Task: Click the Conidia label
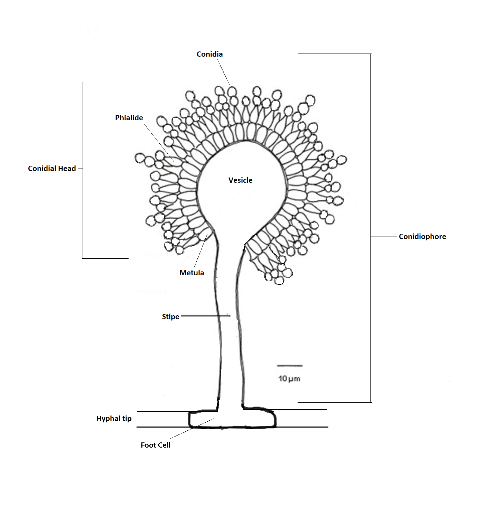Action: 209,54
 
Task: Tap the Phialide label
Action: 129,118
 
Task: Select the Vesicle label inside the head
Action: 240,180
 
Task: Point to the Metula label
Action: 191,273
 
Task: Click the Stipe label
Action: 170,317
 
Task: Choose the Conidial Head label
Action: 52,169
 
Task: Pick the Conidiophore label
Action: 422,237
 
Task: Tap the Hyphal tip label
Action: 114,419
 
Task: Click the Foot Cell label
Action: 155,445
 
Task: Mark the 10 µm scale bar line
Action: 290,365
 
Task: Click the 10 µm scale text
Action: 289,379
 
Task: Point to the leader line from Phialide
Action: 159,142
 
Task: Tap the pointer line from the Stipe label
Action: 205,316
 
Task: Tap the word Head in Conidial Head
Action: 67,169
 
